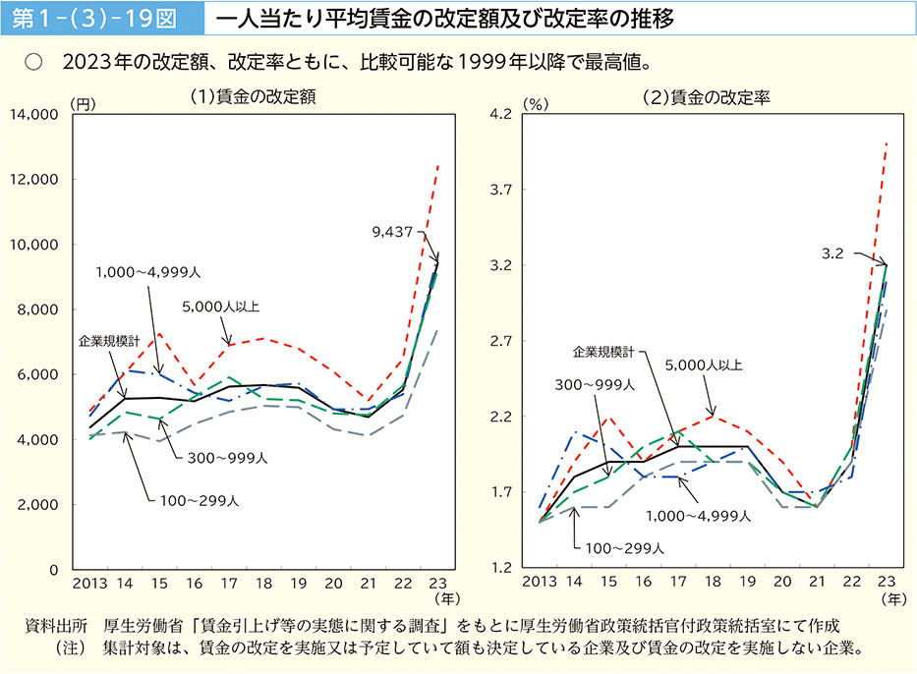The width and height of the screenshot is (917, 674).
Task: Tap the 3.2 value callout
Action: pos(832,253)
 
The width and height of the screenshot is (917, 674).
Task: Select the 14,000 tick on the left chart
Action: pos(35,115)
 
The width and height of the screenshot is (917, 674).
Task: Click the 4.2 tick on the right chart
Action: pos(502,115)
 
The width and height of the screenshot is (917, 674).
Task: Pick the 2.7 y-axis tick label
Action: pos(502,342)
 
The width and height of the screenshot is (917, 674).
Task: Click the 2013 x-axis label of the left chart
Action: pos(88,583)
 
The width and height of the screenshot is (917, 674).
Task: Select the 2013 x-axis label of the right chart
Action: pos(540,583)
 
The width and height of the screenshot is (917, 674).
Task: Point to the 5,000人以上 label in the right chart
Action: pos(704,365)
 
